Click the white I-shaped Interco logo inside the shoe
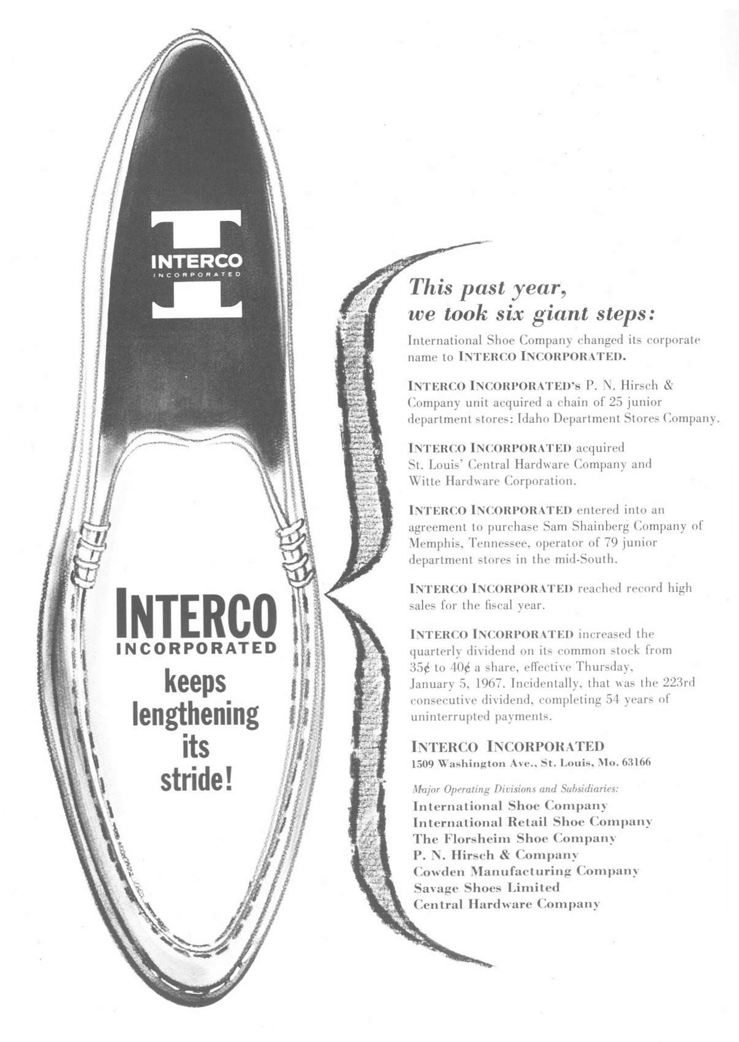[x=196, y=264]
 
